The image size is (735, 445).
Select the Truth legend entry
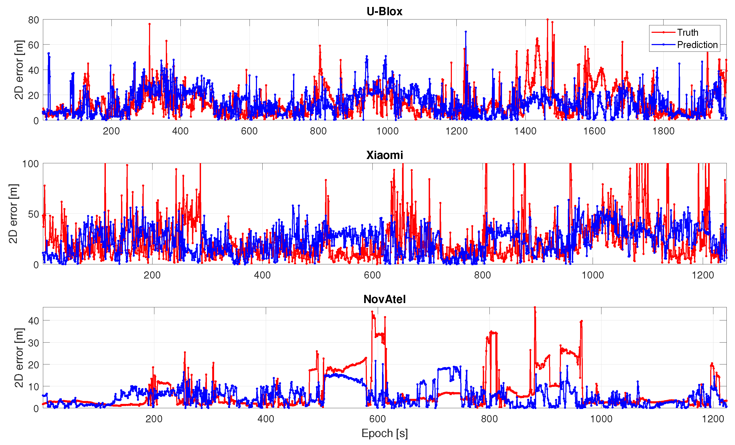(x=687, y=32)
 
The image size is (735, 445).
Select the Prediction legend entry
(x=697, y=45)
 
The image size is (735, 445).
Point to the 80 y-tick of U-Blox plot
(x=33, y=20)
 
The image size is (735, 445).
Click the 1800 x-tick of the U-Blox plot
(x=663, y=131)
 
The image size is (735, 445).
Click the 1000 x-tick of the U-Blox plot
(x=387, y=131)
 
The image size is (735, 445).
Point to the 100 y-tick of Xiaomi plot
(x=30, y=164)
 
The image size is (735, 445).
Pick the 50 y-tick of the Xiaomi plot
(x=33, y=214)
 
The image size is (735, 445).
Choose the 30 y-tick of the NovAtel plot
(x=33, y=343)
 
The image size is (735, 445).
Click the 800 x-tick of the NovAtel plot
(x=489, y=419)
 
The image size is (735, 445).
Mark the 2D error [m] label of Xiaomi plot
(x=13, y=214)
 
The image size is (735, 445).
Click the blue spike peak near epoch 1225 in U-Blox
(x=465, y=32)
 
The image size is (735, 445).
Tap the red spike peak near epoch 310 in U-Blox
(x=150, y=24)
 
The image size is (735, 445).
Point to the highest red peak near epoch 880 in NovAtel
(x=535, y=307)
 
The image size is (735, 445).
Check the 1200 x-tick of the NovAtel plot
(x=713, y=419)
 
